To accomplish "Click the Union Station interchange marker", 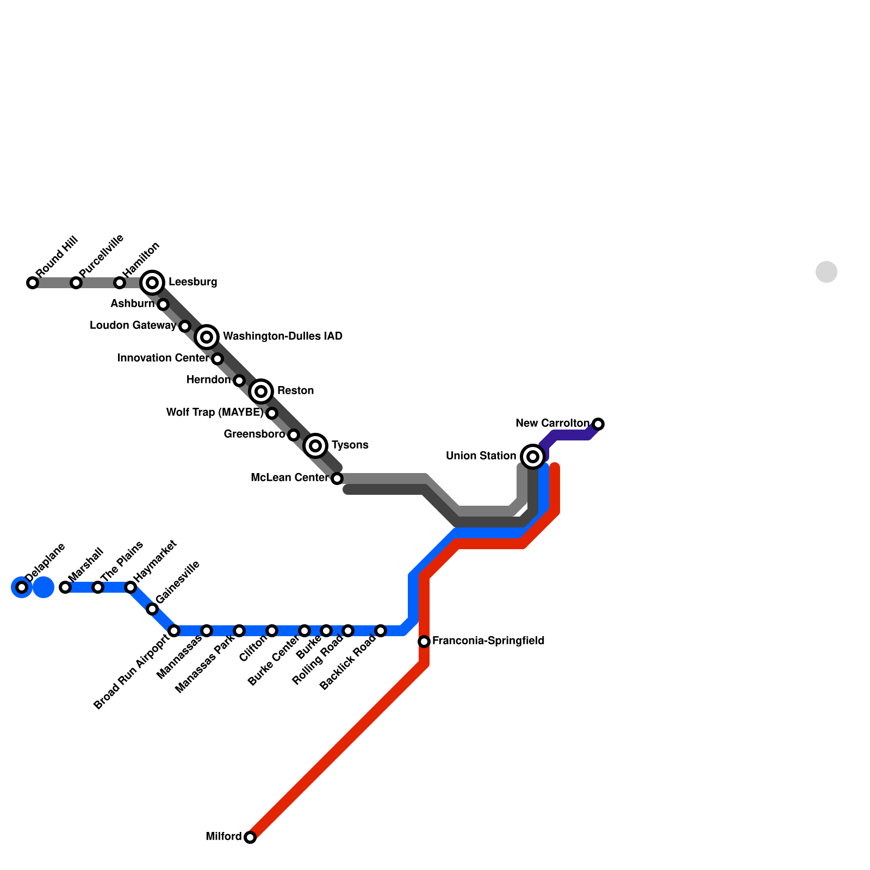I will tap(533, 456).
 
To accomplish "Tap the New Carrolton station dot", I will tap(598, 424).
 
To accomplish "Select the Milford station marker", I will tap(250, 837).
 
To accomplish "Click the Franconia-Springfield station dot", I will tap(424, 642).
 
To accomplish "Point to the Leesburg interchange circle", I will tap(153, 282).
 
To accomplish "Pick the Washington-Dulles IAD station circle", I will tap(207, 337).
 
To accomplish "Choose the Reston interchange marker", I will tap(261, 391).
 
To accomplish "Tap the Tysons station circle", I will tap(315, 445).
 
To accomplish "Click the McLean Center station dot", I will tap(337, 478).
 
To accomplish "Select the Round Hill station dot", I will tap(33, 283).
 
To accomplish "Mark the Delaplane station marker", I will tap(22, 587).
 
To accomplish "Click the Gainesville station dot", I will tap(152, 609).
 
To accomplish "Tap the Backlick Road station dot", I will tap(381, 631).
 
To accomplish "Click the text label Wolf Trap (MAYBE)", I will tap(214, 413).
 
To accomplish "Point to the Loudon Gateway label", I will tap(133, 326).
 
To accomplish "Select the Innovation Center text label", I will tap(163, 358).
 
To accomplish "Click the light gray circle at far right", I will tap(826, 272).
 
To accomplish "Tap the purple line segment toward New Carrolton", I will tap(571, 435).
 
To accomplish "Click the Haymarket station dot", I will tap(130, 587).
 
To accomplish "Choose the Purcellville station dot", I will tap(76, 283).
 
